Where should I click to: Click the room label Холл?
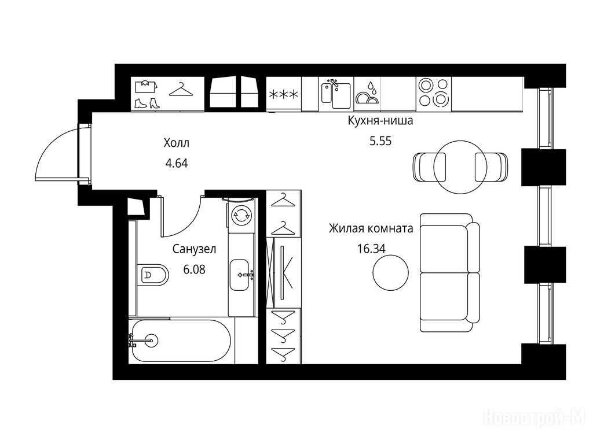176,143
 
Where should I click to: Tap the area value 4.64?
177,164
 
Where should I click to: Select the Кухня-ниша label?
380,121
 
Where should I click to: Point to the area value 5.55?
380,141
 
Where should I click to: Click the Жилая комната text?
371,228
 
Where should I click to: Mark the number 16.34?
371,249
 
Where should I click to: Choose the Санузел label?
194,249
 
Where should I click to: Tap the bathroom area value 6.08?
194,269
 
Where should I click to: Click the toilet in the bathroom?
153,275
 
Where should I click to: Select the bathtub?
180,341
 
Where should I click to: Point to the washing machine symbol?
241,216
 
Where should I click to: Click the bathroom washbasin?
240,275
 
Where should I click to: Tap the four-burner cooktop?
433,92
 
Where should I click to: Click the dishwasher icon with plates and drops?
367,93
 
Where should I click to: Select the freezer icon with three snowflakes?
283,94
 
